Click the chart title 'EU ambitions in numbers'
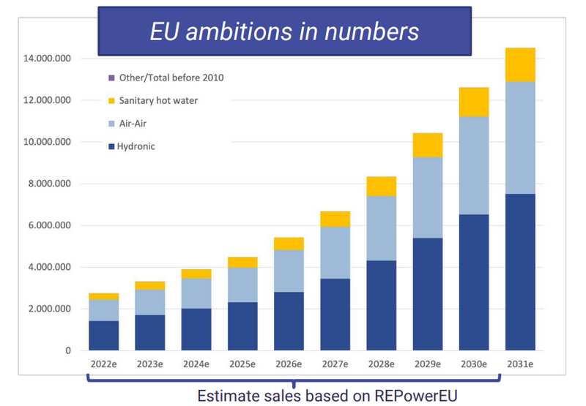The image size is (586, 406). tap(284, 31)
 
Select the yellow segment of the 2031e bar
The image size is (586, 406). tap(519, 64)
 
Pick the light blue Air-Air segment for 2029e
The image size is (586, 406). tap(429, 198)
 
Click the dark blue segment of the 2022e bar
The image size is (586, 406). tap(104, 336)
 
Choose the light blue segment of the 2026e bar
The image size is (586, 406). tap(289, 271)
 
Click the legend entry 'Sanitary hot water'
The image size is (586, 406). tap(157, 100)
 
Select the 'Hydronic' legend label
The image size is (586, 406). tap(137, 146)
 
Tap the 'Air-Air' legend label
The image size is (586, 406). tap(133, 124)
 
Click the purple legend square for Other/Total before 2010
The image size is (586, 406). tap(111, 78)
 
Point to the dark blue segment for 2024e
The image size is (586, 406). tap(196, 329)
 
